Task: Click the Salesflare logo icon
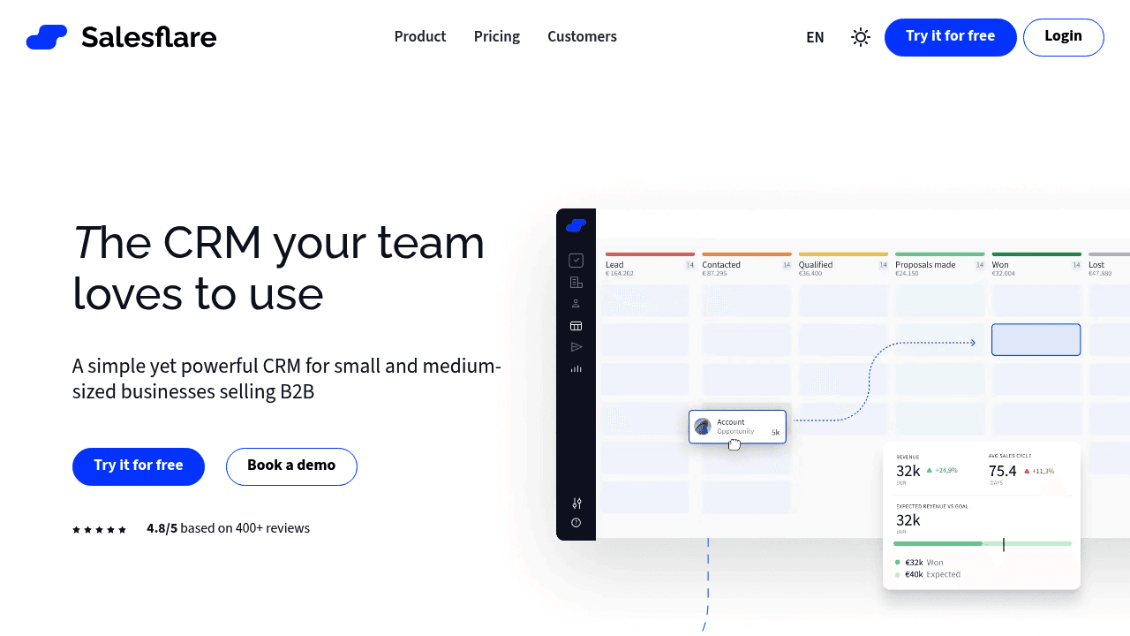(x=47, y=37)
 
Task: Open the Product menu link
(x=420, y=37)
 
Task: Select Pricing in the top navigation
(x=497, y=37)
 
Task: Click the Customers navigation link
(x=582, y=37)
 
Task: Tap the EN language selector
(x=815, y=38)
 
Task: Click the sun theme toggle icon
(x=861, y=37)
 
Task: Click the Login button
(x=1063, y=37)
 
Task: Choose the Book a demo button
(x=291, y=466)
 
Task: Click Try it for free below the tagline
(x=139, y=466)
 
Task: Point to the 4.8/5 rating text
(x=162, y=529)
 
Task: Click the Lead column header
(x=614, y=265)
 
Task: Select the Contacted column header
(x=721, y=265)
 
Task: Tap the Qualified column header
(x=816, y=265)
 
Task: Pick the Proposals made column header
(x=925, y=265)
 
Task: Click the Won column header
(x=1000, y=265)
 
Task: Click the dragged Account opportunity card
(x=737, y=427)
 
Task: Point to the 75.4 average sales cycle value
(x=1003, y=472)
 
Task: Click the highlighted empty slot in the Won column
(x=1036, y=340)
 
